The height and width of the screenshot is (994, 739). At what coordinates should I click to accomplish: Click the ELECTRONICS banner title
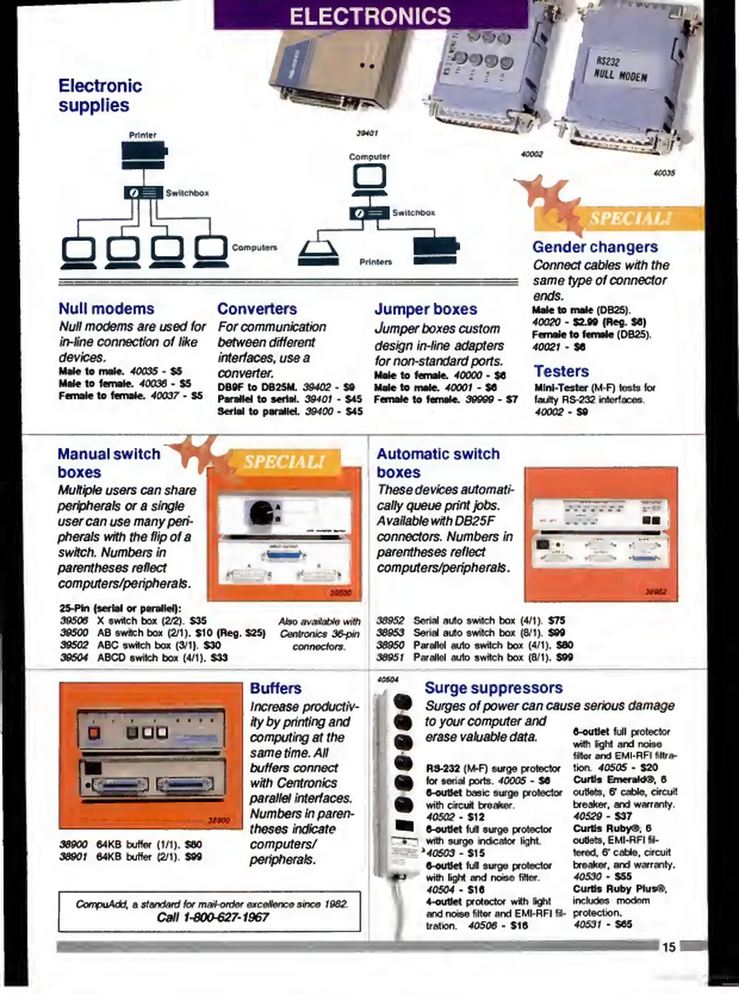pos(370,16)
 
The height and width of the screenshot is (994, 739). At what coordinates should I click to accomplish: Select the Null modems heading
pos(106,309)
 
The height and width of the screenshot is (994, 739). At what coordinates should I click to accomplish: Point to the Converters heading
pos(257,309)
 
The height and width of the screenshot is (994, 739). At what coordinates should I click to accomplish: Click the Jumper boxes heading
pos(425,309)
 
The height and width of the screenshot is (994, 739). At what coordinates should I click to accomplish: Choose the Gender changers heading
pos(595,247)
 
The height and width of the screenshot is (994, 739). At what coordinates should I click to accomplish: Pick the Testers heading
pos(561,371)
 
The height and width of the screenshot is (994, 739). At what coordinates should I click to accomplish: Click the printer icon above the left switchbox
pos(144,156)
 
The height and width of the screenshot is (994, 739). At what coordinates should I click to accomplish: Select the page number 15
pos(669,947)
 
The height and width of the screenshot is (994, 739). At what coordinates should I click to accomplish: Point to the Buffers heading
pos(275,688)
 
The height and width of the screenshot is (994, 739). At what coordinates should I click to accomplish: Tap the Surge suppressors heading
pos(493,688)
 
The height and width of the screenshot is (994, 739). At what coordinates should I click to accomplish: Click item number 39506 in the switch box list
pos(74,620)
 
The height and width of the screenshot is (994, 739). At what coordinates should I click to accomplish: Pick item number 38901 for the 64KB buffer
pos(73,856)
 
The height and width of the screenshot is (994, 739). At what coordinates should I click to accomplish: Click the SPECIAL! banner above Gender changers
pos(630,218)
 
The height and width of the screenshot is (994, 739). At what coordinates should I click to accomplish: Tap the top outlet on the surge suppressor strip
pos(403,702)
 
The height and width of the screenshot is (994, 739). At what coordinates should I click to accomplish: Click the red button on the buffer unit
pos(94,732)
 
